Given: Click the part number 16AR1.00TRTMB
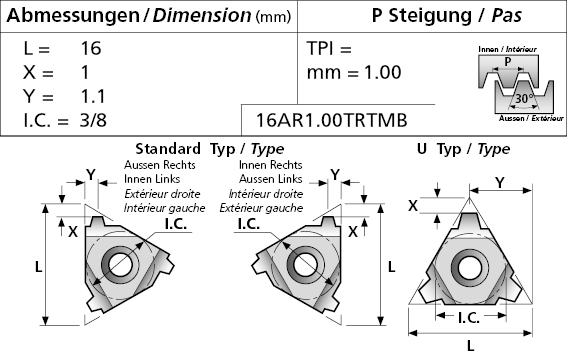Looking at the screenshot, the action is click(x=332, y=120).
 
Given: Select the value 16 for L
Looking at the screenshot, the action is click(x=91, y=48).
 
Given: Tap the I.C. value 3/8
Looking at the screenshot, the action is click(x=93, y=120).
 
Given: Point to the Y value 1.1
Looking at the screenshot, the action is click(x=93, y=96).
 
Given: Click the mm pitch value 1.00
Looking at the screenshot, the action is click(x=383, y=72).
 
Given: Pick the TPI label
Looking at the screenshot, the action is click(x=320, y=48).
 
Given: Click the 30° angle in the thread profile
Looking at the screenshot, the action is click(x=524, y=98).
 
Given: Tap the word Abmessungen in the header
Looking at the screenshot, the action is click(x=73, y=15).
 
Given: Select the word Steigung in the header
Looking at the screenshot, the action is click(x=430, y=16).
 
